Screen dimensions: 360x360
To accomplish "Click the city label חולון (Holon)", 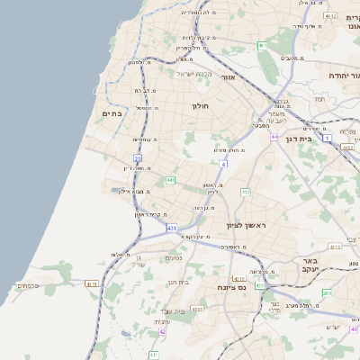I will pyautogui.click(x=199, y=106).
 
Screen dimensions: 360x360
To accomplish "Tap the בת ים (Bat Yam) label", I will pyautogui.click(x=112, y=113).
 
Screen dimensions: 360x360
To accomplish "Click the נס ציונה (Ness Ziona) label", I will pyautogui.click(x=231, y=287).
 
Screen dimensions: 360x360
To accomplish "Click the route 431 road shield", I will pyautogui.click(x=172, y=229).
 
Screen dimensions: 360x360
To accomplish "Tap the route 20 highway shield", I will pyautogui.click(x=139, y=158).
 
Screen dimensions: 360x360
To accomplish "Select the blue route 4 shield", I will pyautogui.click(x=223, y=164).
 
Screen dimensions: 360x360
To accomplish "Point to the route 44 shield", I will pyautogui.click(x=274, y=138).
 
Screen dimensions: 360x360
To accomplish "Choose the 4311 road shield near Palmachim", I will pyautogui.click(x=91, y=284).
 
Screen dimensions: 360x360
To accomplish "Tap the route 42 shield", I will pyautogui.click(x=163, y=331).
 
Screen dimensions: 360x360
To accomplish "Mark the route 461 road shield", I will pyautogui.click(x=262, y=45).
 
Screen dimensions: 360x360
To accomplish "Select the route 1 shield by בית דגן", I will pyautogui.click(x=328, y=138).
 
